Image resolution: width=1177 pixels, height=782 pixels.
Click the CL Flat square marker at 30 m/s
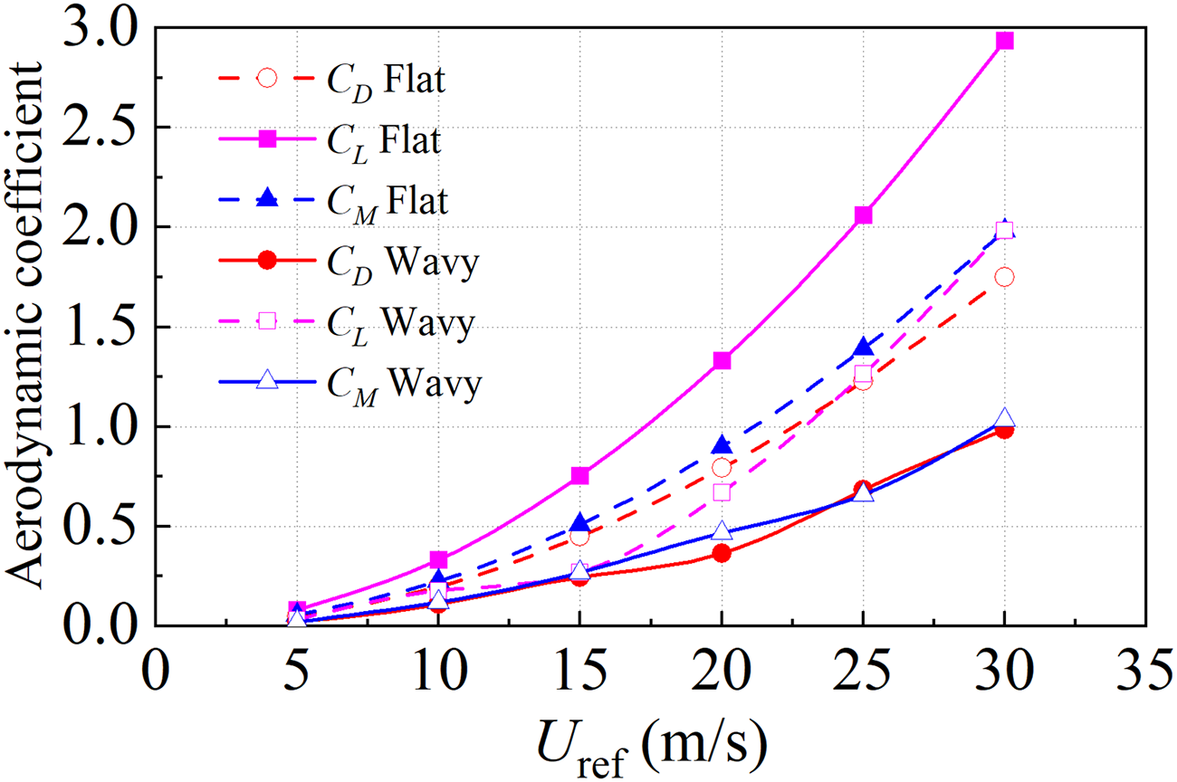pyautogui.click(x=1004, y=41)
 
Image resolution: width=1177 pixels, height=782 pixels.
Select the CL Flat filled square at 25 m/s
pyautogui.click(x=863, y=215)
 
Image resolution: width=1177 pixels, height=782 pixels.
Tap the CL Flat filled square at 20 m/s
pyautogui.click(x=722, y=360)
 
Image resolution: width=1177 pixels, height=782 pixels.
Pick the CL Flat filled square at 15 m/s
pyautogui.click(x=580, y=476)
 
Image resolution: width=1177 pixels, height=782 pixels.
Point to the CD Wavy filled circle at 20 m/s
pyautogui.click(x=722, y=553)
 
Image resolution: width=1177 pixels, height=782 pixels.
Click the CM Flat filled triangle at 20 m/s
pyautogui.click(x=722, y=445)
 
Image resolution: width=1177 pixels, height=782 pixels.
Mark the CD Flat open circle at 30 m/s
pyautogui.click(x=1004, y=277)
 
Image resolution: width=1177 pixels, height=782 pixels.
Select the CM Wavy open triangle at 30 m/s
pyautogui.click(x=1004, y=419)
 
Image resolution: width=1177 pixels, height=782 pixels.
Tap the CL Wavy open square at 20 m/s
pyautogui.click(x=722, y=492)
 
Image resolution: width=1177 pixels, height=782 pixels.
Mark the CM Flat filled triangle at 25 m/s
pyautogui.click(x=863, y=348)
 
